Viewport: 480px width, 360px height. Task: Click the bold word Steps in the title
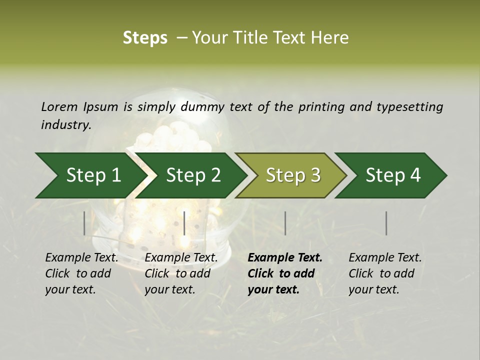pyautogui.click(x=145, y=38)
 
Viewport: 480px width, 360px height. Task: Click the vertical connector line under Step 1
pyautogui.click(x=84, y=223)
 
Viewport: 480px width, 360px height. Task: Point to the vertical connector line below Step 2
pyautogui.click(x=184, y=223)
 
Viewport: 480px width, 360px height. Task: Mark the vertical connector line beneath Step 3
pyautogui.click(x=285, y=223)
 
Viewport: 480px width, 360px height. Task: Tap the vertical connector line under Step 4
pyautogui.click(x=386, y=223)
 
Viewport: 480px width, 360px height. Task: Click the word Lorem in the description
pyautogui.click(x=59, y=106)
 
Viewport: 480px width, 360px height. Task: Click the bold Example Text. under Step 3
pyautogui.click(x=285, y=258)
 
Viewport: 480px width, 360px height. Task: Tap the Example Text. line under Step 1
pyautogui.click(x=81, y=258)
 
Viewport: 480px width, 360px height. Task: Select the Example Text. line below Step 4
pyautogui.click(x=385, y=258)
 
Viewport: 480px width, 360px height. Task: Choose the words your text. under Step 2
pyautogui.click(x=170, y=289)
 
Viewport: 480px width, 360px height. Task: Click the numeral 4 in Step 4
pyautogui.click(x=415, y=175)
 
